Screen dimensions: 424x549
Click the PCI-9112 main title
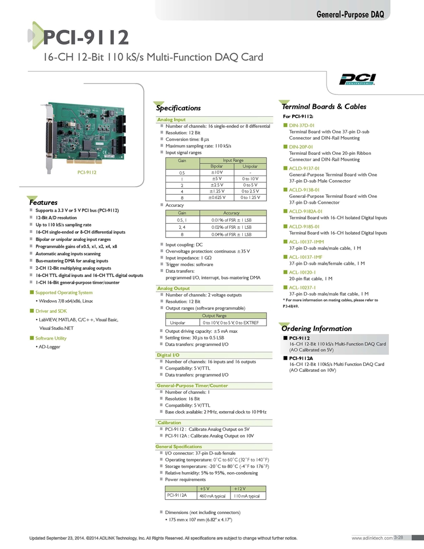[x=86, y=37]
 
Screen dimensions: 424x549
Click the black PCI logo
[x=357, y=79]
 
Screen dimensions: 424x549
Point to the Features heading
[x=43, y=203]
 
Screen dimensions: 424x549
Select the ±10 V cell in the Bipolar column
[x=217, y=172]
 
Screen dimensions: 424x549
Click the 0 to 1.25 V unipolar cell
[x=250, y=197]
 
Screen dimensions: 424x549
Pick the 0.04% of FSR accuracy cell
[x=231, y=234]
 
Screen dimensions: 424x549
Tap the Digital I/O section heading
[x=168, y=355]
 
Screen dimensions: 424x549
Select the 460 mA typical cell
[x=213, y=496]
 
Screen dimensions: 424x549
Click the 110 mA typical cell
[x=246, y=496]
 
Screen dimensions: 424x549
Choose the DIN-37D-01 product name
[x=302, y=125]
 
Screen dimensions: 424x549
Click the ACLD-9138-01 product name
[x=304, y=190]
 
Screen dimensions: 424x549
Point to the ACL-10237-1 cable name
[x=302, y=287]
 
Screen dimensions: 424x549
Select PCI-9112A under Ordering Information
[x=301, y=358]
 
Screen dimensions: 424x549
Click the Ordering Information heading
[x=316, y=328]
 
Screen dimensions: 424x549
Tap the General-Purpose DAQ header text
[x=350, y=14]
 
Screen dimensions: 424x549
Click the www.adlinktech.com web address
[x=372, y=538]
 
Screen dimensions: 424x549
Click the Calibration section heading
[x=169, y=423]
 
